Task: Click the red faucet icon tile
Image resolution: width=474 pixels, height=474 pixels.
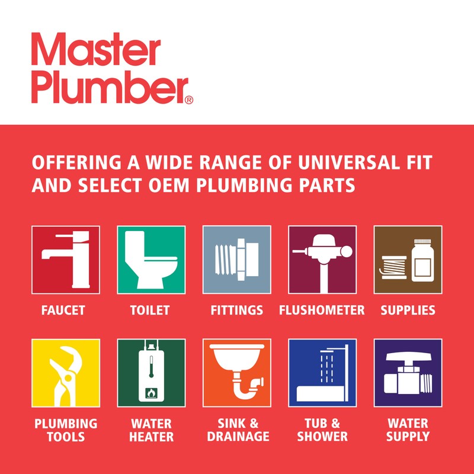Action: (66, 260)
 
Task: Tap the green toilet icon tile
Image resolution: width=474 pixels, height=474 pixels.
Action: (151, 260)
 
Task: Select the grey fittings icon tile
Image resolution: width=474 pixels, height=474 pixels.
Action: (237, 260)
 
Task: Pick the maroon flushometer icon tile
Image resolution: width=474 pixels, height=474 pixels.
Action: (322, 260)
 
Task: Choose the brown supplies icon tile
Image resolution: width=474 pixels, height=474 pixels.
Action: (408, 260)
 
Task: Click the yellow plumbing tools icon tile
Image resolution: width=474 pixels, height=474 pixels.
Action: (66, 373)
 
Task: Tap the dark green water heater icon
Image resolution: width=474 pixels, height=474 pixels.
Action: (151, 373)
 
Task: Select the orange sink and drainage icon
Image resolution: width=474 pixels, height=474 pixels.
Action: (237, 373)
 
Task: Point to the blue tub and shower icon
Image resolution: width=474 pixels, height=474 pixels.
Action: (322, 373)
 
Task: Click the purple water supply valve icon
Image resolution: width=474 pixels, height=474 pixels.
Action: (408, 373)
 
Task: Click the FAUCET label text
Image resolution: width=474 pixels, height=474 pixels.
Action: (63, 310)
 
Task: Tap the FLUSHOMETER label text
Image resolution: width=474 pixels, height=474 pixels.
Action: (322, 310)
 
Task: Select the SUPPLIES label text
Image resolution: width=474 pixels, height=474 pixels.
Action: (408, 310)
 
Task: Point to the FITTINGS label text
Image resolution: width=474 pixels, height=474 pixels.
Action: (236, 310)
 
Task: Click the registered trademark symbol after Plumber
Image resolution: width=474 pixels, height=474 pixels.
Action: (189, 100)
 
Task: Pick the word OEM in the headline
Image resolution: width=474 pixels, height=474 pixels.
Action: (168, 185)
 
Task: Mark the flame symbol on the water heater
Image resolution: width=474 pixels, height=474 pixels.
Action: (151, 392)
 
